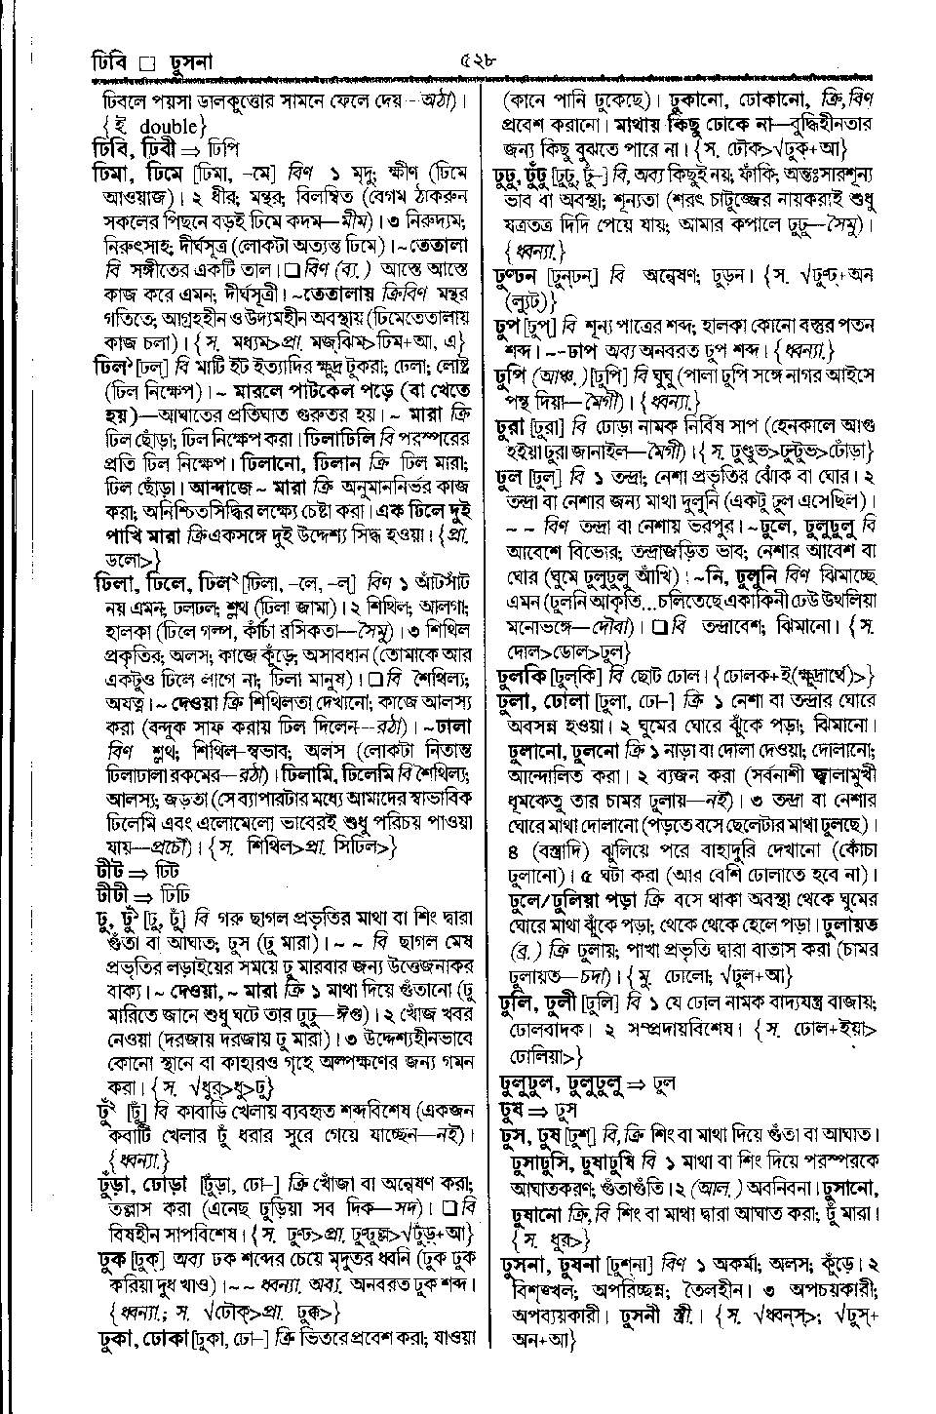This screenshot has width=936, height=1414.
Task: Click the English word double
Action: [169, 125]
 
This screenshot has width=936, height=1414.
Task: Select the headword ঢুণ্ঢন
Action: [519, 277]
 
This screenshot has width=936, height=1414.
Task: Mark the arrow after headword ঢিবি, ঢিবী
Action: [187, 149]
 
